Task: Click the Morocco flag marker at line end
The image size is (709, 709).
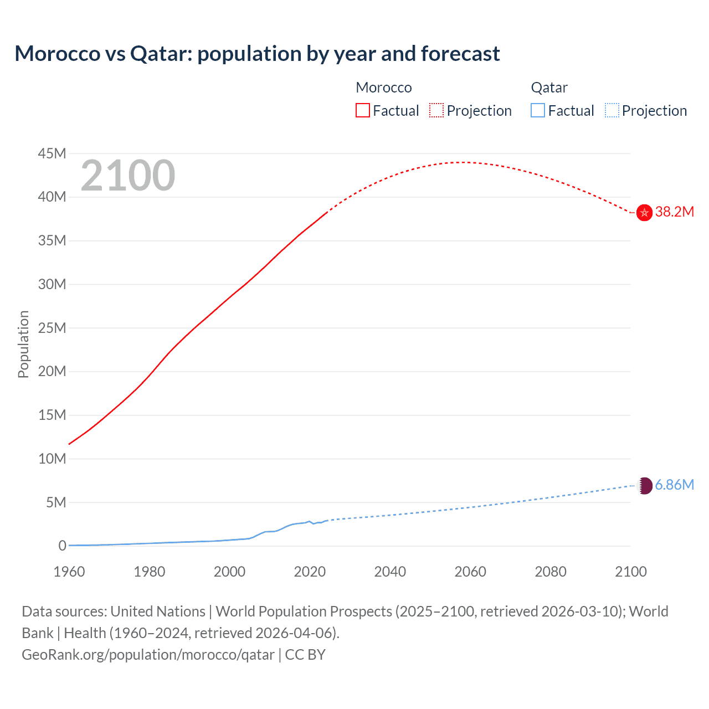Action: pos(644,212)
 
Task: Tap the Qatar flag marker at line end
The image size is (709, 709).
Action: pos(644,486)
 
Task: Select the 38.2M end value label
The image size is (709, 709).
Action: pos(674,212)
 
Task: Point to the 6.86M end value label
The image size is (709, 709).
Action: pos(674,485)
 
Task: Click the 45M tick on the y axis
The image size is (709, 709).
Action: pos(52,153)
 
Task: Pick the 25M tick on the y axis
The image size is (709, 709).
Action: pos(52,328)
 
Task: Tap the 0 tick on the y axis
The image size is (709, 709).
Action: pos(62,546)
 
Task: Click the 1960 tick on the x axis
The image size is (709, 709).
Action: pos(69,572)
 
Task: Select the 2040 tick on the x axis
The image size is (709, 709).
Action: pos(390,572)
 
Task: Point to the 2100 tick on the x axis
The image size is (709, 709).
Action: pos(630,572)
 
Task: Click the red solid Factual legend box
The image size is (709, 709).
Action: pos(363,111)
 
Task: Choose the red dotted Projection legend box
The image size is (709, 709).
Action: pos(436,111)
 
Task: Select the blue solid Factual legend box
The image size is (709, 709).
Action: pos(538,111)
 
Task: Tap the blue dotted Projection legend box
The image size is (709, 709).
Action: pos(612,111)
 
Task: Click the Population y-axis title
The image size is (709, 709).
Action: pos(23,344)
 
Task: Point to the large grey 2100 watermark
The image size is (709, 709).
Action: pos(128,176)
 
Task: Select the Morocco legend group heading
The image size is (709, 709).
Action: pos(383,88)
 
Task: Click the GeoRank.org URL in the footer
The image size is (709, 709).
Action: pos(148,655)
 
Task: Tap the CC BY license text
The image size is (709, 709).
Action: pos(305,655)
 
